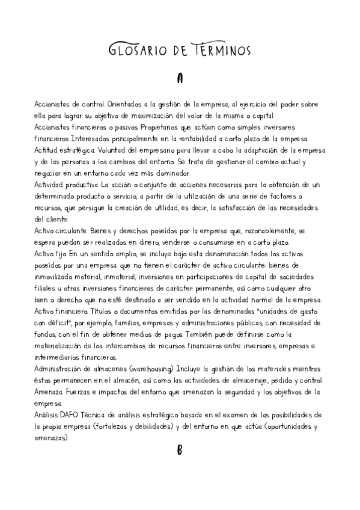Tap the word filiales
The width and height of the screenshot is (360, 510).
[46, 288]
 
